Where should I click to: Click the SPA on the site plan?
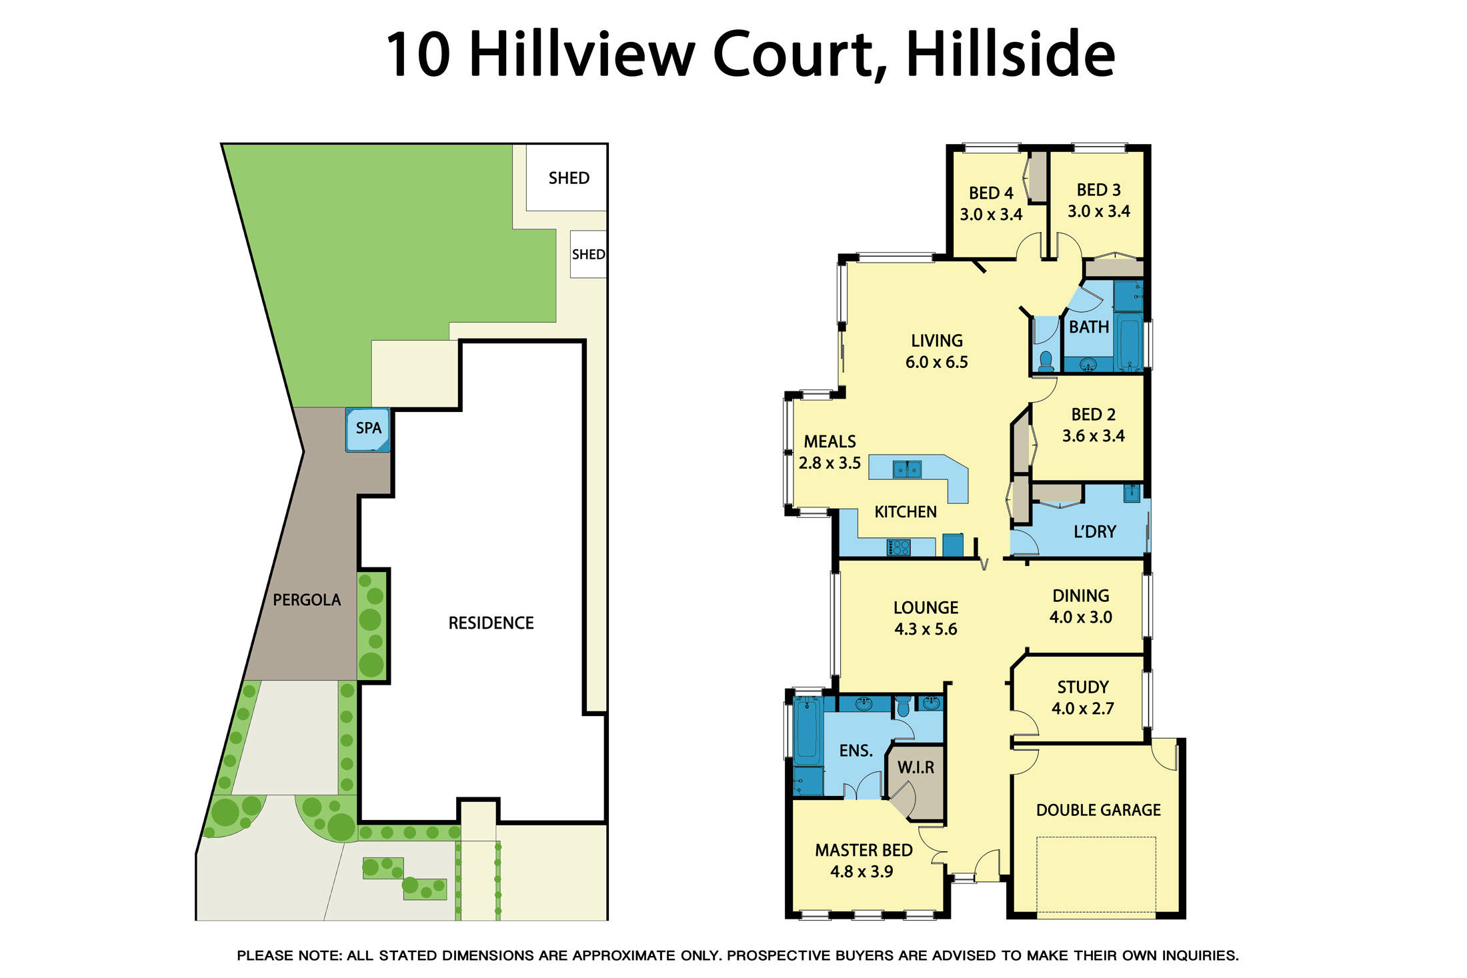pos(368,430)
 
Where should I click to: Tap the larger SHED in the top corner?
pos(567,177)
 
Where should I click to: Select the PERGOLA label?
pos(307,600)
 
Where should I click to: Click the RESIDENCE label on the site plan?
pos(491,623)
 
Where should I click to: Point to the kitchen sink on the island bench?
pos(907,469)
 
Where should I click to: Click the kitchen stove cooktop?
pos(898,548)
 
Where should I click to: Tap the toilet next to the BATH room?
pos(1046,361)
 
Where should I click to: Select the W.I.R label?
pos(916,767)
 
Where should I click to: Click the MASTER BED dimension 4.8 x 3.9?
pos(862,871)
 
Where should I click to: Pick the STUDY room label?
pos(1083,687)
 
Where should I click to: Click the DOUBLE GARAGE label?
pos(1098,810)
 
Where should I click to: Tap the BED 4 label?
pos(991,193)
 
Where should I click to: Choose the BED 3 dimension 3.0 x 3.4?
pos(1099,211)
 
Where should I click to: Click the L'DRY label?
pos(1095,531)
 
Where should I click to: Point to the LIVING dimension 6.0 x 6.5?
pos(937,362)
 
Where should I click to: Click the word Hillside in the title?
pos(1010,55)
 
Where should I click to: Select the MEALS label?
pos(830,441)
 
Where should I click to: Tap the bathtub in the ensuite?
pos(806,731)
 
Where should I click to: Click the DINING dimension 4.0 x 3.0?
pos(1081,617)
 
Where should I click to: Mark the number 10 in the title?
pos(418,55)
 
